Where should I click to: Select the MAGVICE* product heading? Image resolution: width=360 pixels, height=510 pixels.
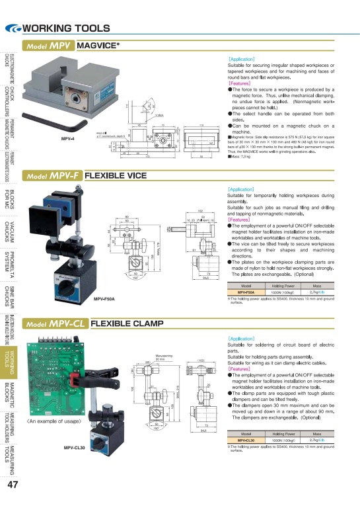point(98,46)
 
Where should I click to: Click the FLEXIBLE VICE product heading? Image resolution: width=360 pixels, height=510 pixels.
point(116,176)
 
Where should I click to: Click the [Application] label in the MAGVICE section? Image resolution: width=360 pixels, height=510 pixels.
point(241,59)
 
